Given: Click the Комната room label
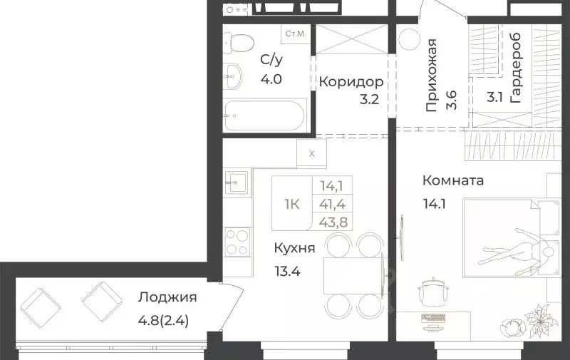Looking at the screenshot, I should (x=452, y=180).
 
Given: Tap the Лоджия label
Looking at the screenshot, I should (x=168, y=297).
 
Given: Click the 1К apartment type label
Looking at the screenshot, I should (x=292, y=204).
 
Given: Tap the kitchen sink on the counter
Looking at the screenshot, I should (x=237, y=182).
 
